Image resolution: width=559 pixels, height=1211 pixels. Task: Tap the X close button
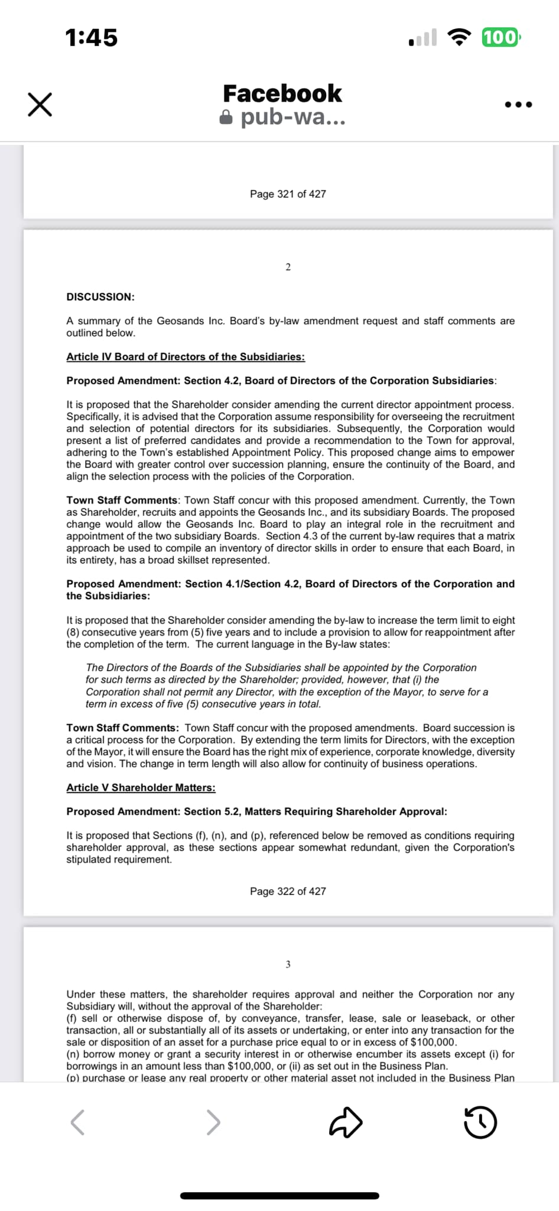click(x=40, y=105)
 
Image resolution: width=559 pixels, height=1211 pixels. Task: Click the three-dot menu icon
click(x=519, y=105)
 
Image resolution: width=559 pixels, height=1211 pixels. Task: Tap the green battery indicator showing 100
click(x=500, y=37)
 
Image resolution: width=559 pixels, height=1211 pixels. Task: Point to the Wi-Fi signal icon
click(x=459, y=37)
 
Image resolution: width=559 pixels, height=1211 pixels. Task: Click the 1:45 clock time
click(x=92, y=37)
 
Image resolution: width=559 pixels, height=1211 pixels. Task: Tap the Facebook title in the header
click(x=282, y=93)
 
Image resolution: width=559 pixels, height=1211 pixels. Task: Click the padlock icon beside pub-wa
click(x=226, y=117)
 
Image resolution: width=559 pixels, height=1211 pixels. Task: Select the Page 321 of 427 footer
click(x=288, y=194)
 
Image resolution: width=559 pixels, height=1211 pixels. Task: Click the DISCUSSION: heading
click(x=100, y=297)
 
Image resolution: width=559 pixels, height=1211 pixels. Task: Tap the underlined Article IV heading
click(x=186, y=357)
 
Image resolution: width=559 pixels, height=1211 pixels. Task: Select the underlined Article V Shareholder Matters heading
click(x=141, y=788)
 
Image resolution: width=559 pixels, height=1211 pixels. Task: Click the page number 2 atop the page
click(x=288, y=267)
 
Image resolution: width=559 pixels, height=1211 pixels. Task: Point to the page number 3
click(x=288, y=964)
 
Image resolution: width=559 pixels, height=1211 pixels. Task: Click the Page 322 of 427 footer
click(x=288, y=891)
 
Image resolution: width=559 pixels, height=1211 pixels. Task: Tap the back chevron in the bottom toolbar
click(x=77, y=1122)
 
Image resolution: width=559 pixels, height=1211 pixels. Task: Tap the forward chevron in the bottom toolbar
click(x=213, y=1122)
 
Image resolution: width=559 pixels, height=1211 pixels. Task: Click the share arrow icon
click(x=345, y=1122)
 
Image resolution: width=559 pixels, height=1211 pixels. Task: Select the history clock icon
click(x=480, y=1122)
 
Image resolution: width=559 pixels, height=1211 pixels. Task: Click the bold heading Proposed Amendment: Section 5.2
click(x=256, y=811)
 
